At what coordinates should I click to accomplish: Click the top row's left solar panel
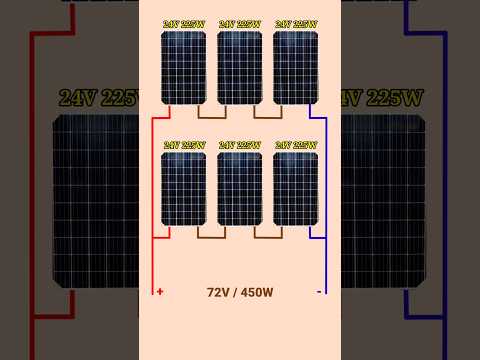[x=183, y=67]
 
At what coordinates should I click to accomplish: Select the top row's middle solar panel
[x=239, y=67]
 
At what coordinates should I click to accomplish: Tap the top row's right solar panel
[x=295, y=67]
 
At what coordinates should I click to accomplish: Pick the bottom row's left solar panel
[x=183, y=188]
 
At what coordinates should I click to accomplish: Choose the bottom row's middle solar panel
[x=239, y=188]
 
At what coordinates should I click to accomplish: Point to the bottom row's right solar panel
[x=295, y=188]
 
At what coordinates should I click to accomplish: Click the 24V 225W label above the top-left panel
[x=184, y=24]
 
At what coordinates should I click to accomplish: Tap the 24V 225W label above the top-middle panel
[x=240, y=24]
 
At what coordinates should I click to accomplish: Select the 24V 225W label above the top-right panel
[x=296, y=24]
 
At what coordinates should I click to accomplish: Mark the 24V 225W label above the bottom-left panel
[x=184, y=145]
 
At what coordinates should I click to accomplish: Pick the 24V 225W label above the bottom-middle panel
[x=240, y=145]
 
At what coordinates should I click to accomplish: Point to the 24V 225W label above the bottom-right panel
[x=296, y=145]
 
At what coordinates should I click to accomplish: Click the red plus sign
[x=160, y=292]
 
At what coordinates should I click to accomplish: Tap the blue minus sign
[x=319, y=292]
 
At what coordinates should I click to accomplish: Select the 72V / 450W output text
[x=240, y=292]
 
